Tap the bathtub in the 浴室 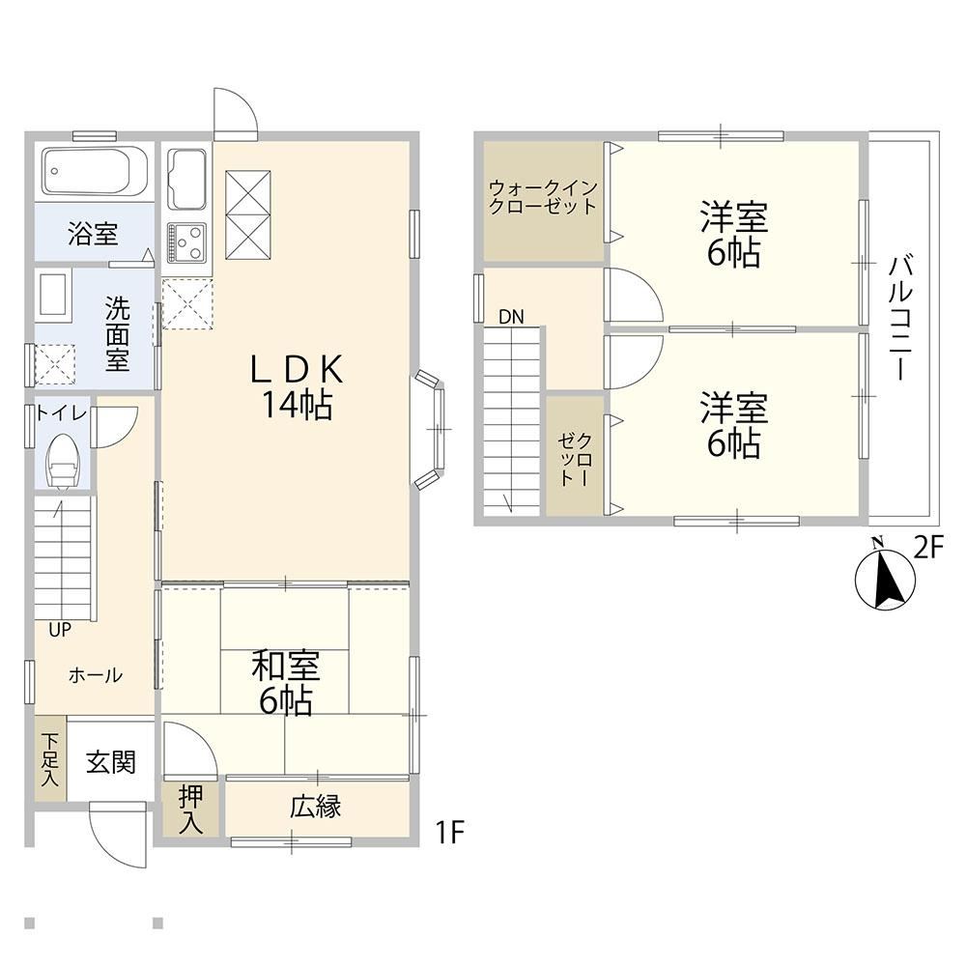95,172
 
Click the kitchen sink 186,179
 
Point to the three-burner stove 186,242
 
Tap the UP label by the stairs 60,630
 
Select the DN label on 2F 511,317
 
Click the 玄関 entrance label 110,763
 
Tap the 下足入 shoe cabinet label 49,758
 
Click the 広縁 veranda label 316,807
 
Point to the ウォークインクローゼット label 542,196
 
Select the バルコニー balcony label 900,318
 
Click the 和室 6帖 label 285,684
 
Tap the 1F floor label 450,834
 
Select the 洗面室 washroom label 117,333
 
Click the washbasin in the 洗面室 53,295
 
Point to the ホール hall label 96,676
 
